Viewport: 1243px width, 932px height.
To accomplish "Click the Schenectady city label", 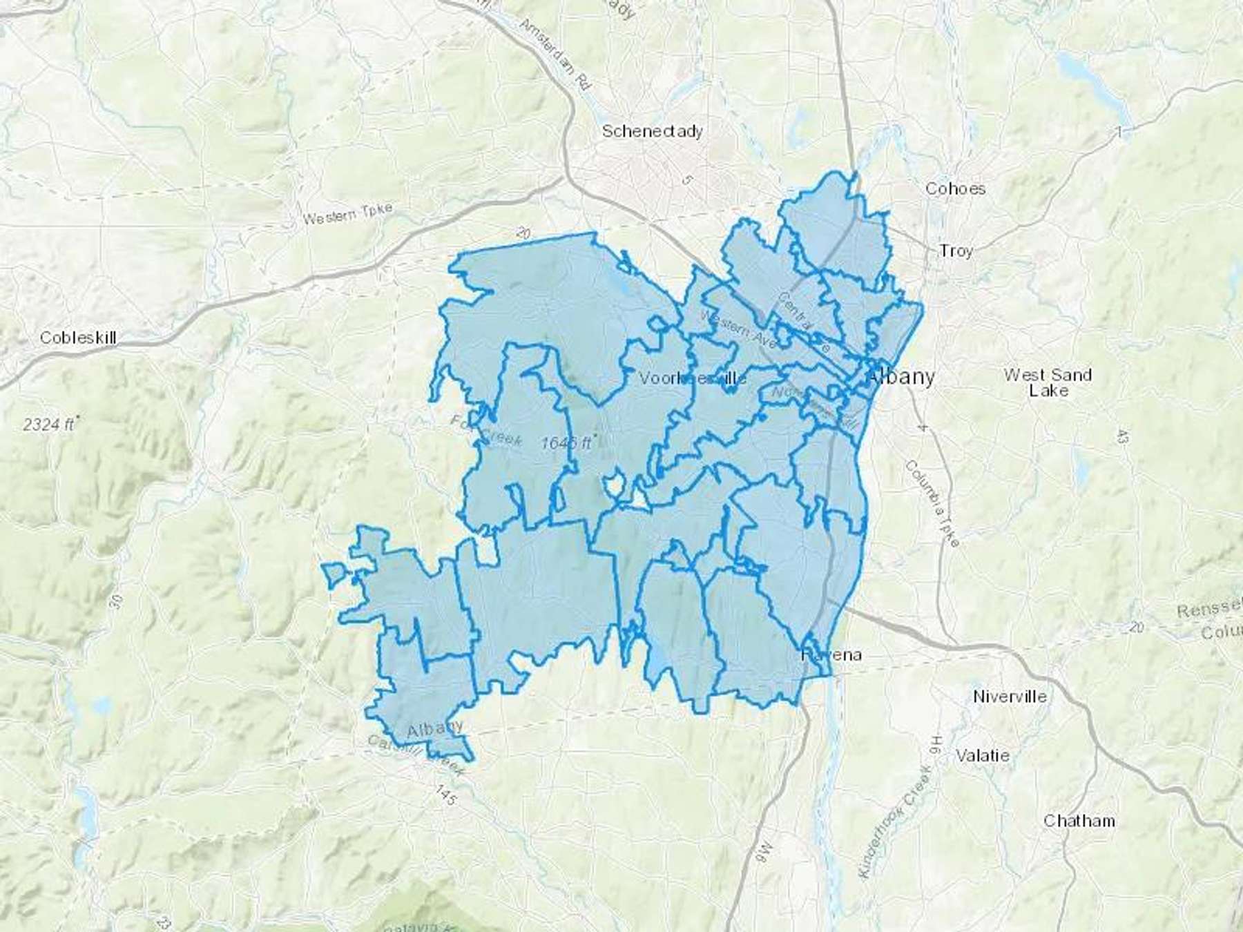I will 652,131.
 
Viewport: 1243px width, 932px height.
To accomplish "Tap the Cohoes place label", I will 955,188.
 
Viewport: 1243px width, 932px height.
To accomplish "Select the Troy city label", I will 956,251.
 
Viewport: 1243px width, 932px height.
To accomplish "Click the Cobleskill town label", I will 78,338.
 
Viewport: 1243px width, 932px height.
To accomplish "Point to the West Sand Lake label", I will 1048,382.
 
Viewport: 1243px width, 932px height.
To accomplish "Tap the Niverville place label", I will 1010,697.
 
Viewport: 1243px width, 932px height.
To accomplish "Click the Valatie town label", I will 983,755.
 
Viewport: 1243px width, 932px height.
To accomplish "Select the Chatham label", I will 1079,821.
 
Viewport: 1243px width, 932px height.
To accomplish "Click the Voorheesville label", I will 693,378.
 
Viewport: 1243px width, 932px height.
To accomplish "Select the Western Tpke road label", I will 348,214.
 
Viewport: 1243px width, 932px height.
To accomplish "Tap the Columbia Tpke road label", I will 932,503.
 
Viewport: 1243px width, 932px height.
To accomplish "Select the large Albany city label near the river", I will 901,377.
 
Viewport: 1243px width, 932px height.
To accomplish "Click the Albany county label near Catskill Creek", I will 434,729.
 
